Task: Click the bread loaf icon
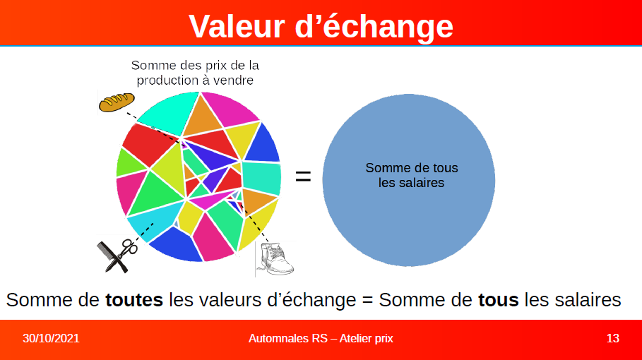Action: (117, 102)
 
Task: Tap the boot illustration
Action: (275, 259)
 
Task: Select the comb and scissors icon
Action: (117, 256)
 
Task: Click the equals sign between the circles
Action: (303, 176)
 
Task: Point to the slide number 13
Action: (612, 338)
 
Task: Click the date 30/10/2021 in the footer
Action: (51, 338)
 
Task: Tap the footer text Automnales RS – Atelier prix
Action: (321, 338)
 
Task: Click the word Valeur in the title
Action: (237, 27)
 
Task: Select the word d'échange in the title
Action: (374, 27)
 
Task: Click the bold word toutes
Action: (134, 300)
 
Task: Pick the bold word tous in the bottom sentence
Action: (499, 300)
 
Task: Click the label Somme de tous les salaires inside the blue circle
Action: (412, 175)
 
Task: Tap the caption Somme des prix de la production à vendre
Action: (195, 73)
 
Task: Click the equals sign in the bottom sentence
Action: (368, 301)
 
